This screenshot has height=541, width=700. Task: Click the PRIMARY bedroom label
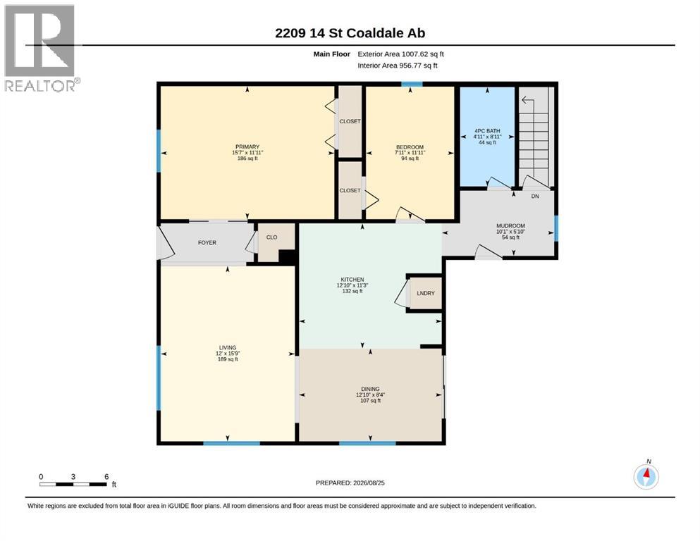click(247, 147)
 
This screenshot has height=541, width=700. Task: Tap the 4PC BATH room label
click(487, 131)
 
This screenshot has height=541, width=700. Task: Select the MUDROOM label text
click(510, 225)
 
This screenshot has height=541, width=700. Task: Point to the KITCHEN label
click(352, 280)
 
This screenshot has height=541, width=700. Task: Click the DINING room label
click(370, 389)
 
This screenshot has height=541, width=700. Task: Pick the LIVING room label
click(228, 348)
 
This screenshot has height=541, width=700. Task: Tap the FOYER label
click(207, 242)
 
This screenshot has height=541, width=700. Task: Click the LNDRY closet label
click(426, 293)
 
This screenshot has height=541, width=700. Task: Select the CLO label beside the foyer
click(272, 237)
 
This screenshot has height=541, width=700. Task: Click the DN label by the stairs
click(535, 197)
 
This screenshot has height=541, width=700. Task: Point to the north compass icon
click(646, 476)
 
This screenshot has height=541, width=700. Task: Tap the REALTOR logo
click(41, 48)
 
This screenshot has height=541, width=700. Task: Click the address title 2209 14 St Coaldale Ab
click(350, 33)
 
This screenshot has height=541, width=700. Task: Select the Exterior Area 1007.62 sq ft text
click(401, 54)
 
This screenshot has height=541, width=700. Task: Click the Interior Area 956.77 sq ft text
click(398, 66)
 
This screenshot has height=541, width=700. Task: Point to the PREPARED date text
click(350, 483)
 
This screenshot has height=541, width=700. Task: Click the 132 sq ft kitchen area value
click(352, 291)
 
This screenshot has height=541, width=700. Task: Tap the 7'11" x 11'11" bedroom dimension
click(410, 153)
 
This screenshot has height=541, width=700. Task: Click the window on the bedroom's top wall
click(412, 84)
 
